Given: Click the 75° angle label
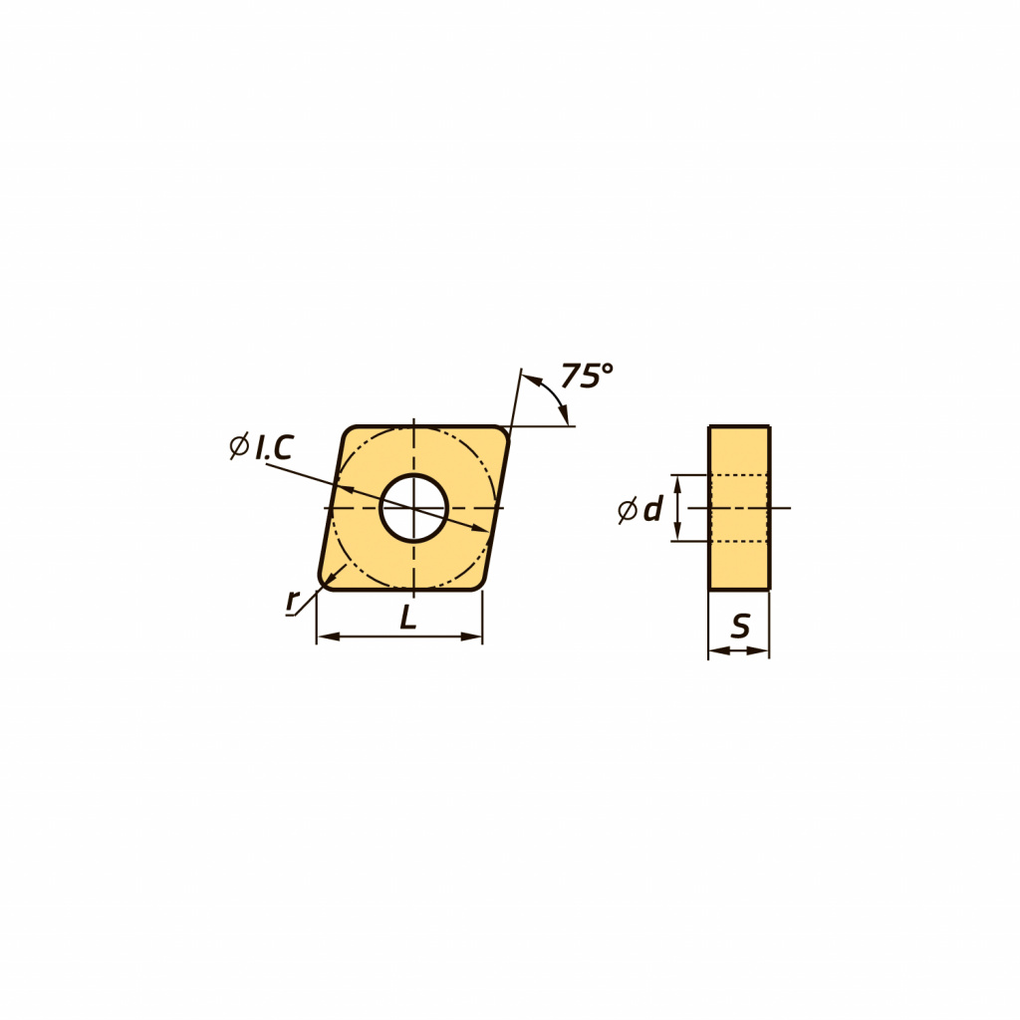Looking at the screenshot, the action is pyautogui.click(x=587, y=376).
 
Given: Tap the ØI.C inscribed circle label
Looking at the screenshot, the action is pyautogui.click(x=262, y=447).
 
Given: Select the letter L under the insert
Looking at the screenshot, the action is pyautogui.click(x=407, y=617).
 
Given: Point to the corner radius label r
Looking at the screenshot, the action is pyautogui.click(x=293, y=601).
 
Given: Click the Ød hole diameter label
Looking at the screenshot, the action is pyautogui.click(x=640, y=509).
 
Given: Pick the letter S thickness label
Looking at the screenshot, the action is pyautogui.click(x=740, y=626).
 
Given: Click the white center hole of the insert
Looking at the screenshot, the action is pyautogui.click(x=413, y=508).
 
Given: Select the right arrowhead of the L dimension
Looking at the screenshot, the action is pyautogui.click(x=471, y=637).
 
